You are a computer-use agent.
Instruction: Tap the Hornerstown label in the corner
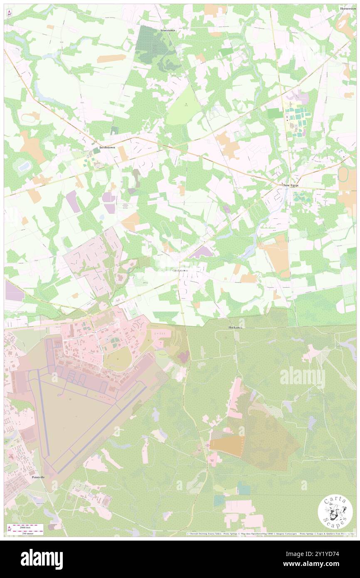pyautogui.click(x=348, y=8)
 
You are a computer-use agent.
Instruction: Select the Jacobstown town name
pyautogui.click(x=107, y=148)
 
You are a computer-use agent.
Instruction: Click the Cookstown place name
pyautogui.click(x=180, y=270)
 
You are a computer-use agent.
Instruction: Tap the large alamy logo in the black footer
pyautogui.click(x=42, y=558)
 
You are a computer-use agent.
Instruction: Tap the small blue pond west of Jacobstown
pyautogui.click(x=24, y=166)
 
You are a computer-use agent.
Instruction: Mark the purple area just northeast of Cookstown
pyautogui.click(x=201, y=252)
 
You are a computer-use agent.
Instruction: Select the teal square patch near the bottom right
pyautogui.click(x=244, y=488)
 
